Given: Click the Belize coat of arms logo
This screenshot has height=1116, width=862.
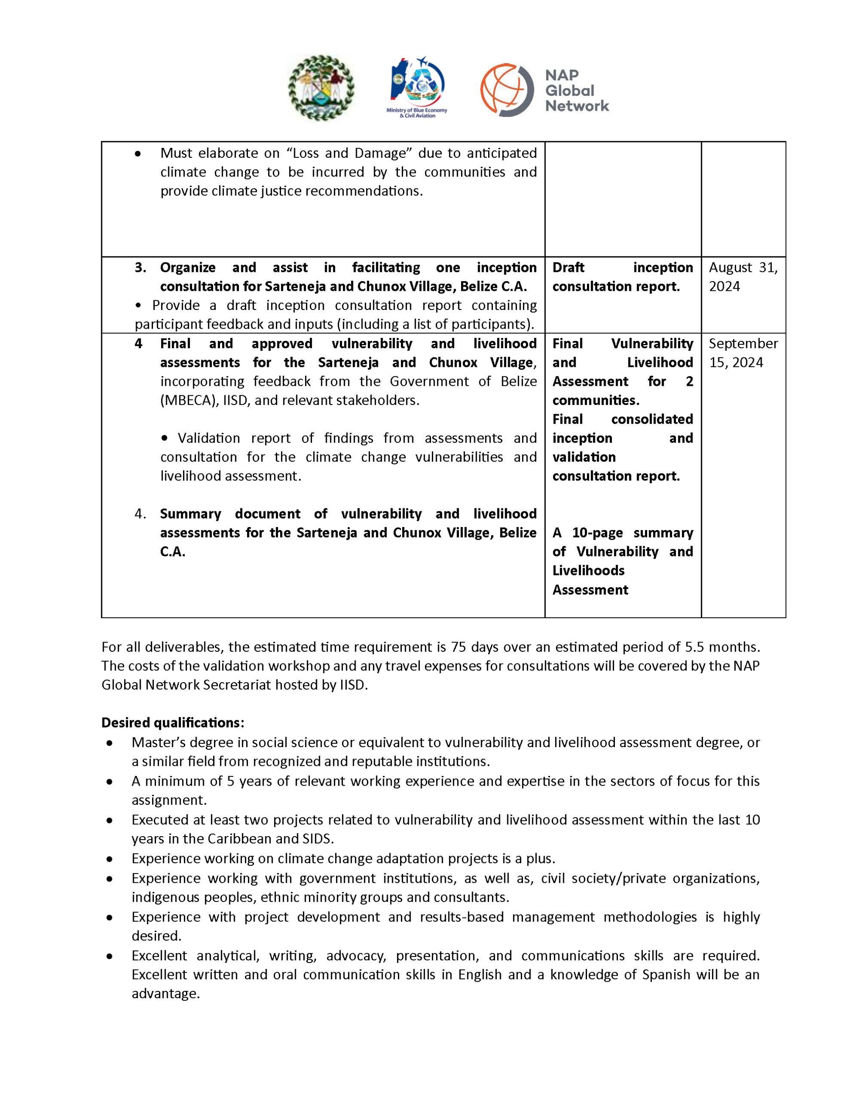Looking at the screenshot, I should pos(321,88).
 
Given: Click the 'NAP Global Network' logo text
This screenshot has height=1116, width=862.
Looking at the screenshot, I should pos(577,90).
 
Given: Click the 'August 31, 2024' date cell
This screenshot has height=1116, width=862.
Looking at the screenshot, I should pos(743,276).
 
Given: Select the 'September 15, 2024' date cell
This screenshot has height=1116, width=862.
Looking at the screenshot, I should pos(743,353).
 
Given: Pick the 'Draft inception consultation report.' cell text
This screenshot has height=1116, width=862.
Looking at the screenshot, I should pos(622,276).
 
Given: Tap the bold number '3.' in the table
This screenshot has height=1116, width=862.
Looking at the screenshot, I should pos(140,267).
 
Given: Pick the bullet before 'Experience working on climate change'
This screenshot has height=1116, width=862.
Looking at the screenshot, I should pos(109,858).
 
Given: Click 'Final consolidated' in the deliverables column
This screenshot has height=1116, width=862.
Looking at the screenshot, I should pos(622,419).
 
